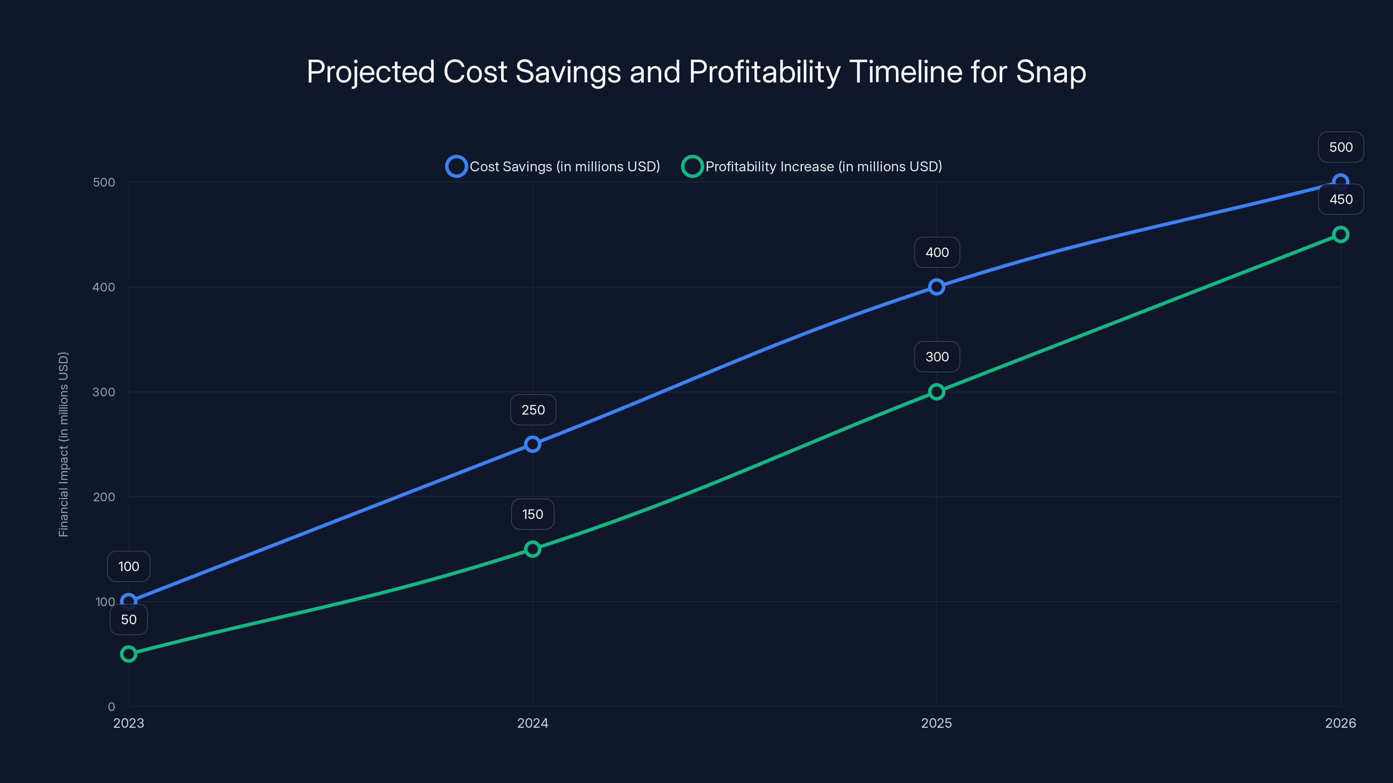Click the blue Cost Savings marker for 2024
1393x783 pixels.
point(533,444)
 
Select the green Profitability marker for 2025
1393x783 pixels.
point(937,392)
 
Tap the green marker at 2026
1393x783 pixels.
point(1341,234)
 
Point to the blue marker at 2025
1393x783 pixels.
point(937,287)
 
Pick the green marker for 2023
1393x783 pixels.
point(129,654)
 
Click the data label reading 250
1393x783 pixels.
point(533,410)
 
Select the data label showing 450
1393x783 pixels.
point(1341,199)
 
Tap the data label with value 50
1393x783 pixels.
point(129,619)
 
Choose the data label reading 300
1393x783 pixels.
point(937,357)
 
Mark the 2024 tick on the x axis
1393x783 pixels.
point(533,723)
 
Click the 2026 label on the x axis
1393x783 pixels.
point(1340,723)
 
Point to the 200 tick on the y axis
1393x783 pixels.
point(104,497)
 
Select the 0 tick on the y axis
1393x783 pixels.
point(111,706)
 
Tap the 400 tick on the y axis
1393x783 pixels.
point(104,287)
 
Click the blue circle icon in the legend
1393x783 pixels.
point(456,167)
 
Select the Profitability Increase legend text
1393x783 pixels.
point(824,167)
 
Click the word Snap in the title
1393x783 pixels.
point(1051,72)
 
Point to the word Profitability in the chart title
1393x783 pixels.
point(764,72)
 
